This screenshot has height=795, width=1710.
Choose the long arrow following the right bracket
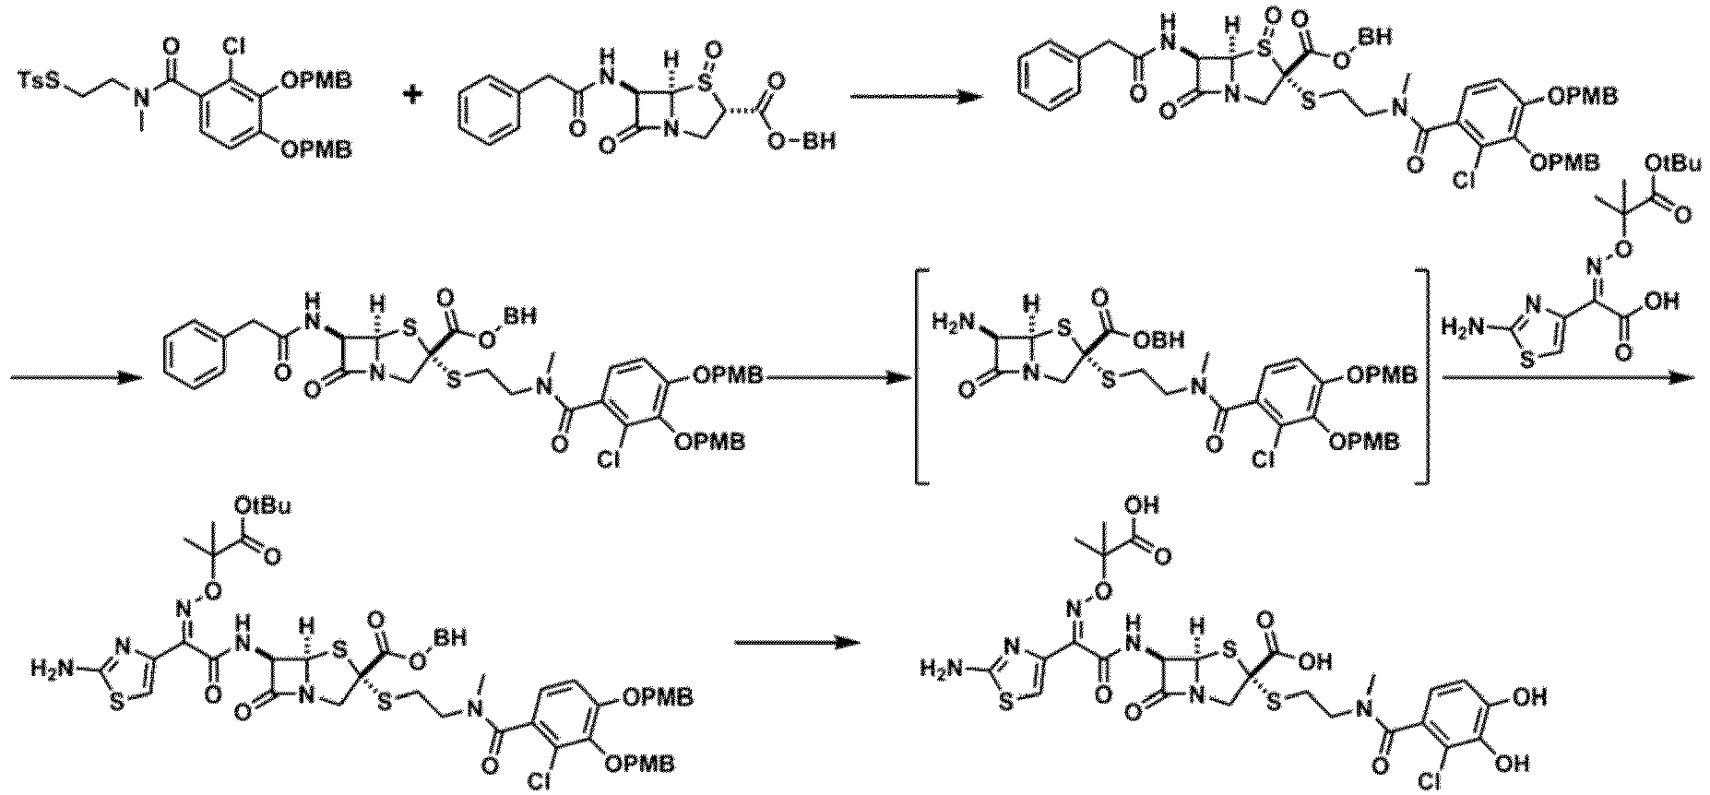pos(1569,376)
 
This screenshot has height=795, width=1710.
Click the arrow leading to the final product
pos(796,644)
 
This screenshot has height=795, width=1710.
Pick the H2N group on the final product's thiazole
pos(942,665)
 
